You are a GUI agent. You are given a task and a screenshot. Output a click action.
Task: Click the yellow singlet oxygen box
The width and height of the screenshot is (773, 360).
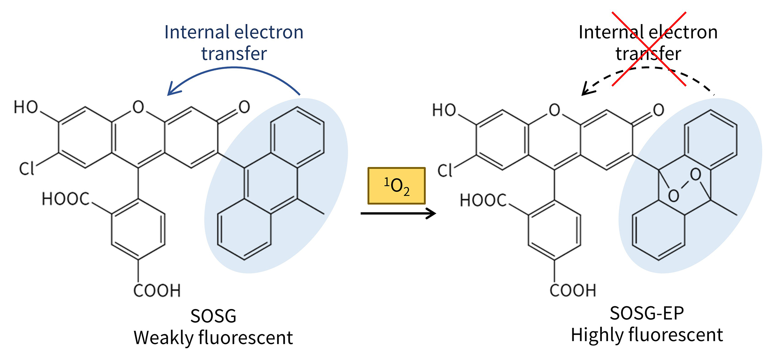click(x=396, y=186)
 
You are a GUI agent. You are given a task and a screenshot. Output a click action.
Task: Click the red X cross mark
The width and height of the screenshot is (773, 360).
click(x=649, y=49)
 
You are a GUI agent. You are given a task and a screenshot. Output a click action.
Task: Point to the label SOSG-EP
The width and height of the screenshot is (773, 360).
click(x=647, y=313)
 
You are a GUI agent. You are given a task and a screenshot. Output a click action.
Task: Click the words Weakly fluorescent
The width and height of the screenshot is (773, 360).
click(x=213, y=338)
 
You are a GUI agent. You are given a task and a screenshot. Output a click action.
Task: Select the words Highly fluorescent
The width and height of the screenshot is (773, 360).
click(x=647, y=335)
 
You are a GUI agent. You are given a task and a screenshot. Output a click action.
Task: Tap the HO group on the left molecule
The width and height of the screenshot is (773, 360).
click(x=26, y=107)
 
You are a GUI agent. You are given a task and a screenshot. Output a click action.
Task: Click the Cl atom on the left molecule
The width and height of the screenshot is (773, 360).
click(x=27, y=169)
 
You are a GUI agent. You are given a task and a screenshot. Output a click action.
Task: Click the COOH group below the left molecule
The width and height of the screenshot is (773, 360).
click(x=157, y=291)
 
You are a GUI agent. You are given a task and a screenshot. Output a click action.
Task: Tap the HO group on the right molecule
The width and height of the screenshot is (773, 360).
click(x=444, y=110)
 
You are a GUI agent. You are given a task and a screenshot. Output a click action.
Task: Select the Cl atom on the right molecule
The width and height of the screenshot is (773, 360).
click(x=445, y=171)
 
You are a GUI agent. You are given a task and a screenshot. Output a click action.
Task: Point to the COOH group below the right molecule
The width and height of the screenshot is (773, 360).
click(x=573, y=291)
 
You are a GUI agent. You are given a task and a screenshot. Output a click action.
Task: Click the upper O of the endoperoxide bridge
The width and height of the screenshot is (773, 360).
click(x=695, y=175)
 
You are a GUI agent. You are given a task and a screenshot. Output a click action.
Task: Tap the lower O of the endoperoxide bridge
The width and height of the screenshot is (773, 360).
click(x=673, y=196)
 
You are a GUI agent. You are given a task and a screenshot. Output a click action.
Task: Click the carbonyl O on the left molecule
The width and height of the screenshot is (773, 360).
click(x=244, y=107)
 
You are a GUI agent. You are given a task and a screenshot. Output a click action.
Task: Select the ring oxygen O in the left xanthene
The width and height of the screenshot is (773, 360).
click(x=138, y=107)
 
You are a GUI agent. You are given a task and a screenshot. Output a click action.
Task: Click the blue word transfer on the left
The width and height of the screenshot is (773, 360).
click(x=234, y=53)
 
